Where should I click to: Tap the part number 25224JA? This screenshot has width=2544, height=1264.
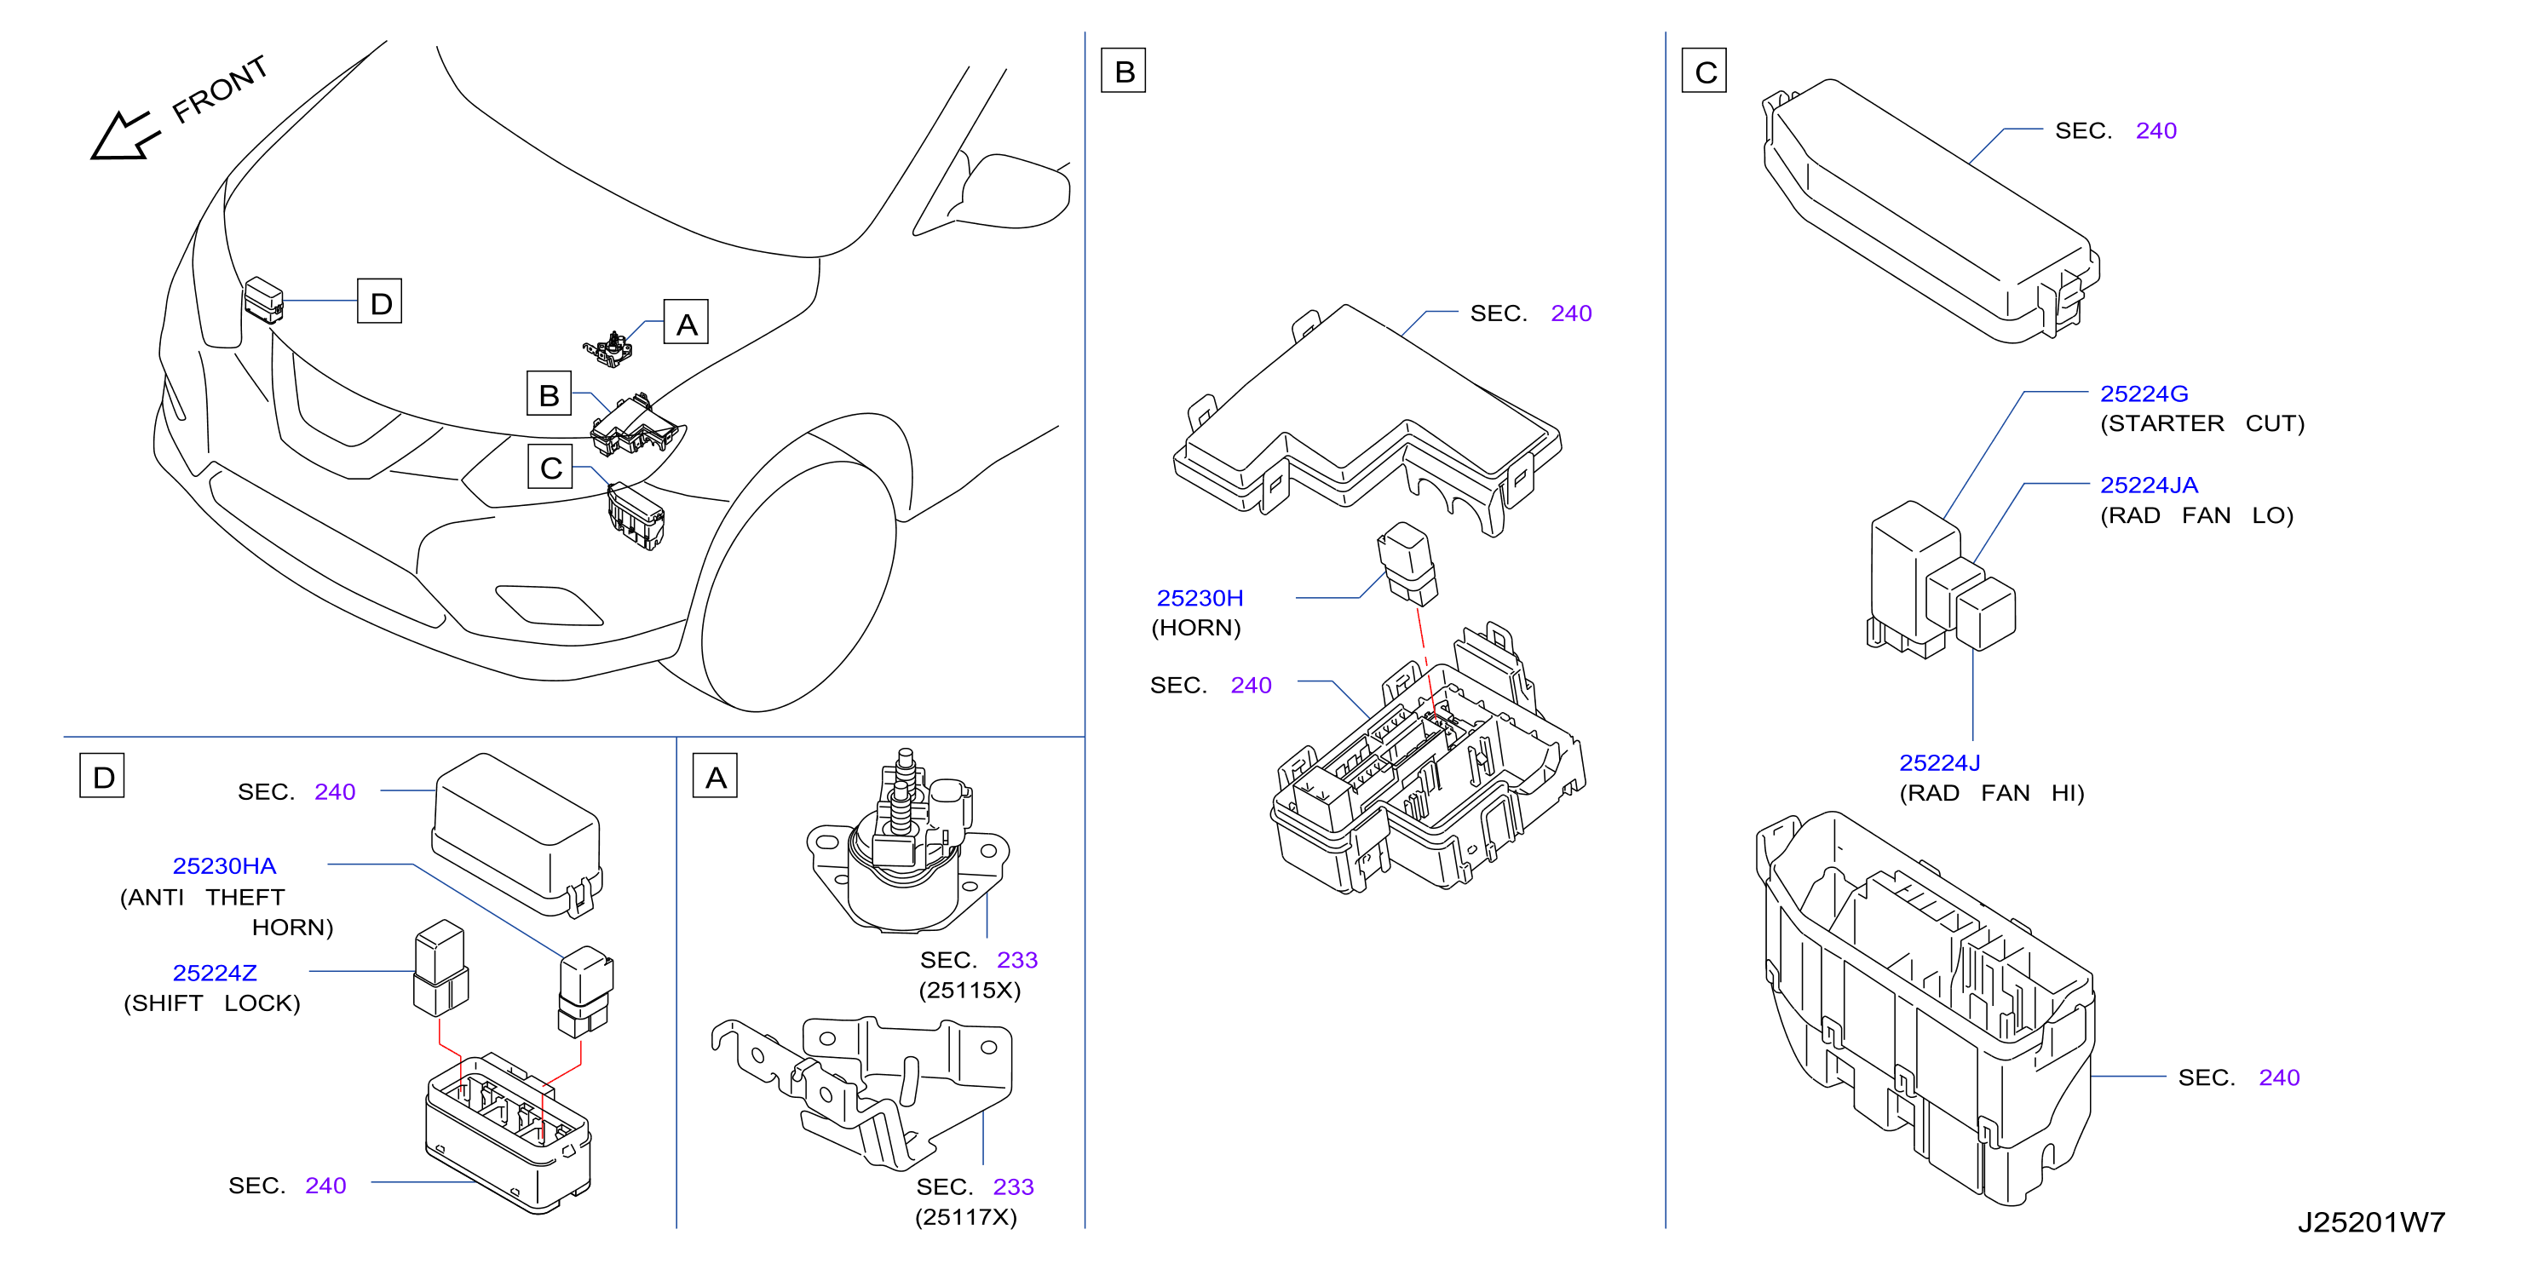tap(2148, 485)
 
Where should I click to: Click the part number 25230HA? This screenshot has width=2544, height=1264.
tap(224, 865)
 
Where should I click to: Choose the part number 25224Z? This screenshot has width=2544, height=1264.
tap(215, 973)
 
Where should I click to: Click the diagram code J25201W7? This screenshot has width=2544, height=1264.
tap(2370, 1221)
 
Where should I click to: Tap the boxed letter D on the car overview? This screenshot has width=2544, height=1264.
tap(379, 302)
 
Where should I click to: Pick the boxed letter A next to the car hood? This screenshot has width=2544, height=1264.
tap(687, 323)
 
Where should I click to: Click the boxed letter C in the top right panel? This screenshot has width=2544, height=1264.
tap(1705, 70)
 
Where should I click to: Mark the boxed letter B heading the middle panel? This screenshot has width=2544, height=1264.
tap(1124, 70)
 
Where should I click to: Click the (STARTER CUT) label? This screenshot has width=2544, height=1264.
tap(2202, 423)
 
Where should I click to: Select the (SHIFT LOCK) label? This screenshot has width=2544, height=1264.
tap(211, 1003)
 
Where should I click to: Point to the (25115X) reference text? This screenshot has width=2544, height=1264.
tap(970, 990)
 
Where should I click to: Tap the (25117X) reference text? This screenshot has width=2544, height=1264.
tap(965, 1216)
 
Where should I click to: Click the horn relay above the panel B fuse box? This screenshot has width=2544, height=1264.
tap(1407, 563)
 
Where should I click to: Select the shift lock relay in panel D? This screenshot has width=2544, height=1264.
tap(440, 968)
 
